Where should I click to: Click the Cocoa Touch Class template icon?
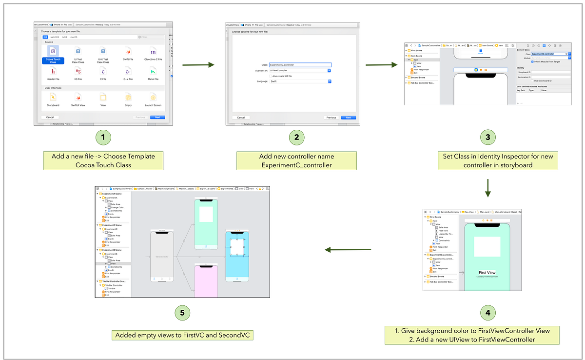click(53, 51)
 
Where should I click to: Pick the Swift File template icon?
click(128, 51)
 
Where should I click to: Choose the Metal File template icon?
click(153, 72)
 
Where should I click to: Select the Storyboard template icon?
click(53, 97)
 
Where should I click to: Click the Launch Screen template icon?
click(153, 97)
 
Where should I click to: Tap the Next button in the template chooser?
click(157, 117)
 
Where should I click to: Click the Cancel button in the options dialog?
click(241, 118)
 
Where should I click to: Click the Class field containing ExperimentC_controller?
click(300, 65)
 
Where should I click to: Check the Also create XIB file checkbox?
click(271, 76)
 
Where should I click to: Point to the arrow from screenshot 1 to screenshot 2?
click(197, 64)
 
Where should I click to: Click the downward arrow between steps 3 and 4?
click(487, 187)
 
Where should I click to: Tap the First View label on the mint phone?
click(487, 273)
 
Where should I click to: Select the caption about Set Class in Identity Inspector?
click(497, 160)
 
